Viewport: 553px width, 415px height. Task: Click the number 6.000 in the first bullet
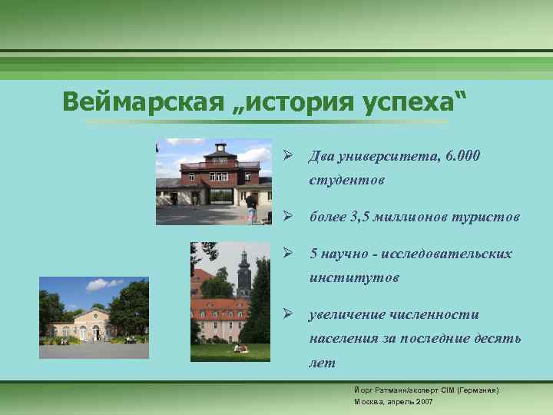coord(462,157)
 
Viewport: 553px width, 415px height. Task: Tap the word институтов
coord(354,277)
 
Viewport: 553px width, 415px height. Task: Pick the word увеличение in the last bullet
coord(350,314)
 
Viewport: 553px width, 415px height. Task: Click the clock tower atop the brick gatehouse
coord(220,148)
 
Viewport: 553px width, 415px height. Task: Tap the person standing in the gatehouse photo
coord(251,207)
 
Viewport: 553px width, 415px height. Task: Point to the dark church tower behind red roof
coord(244,273)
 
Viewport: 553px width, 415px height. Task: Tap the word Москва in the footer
coord(368,401)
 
